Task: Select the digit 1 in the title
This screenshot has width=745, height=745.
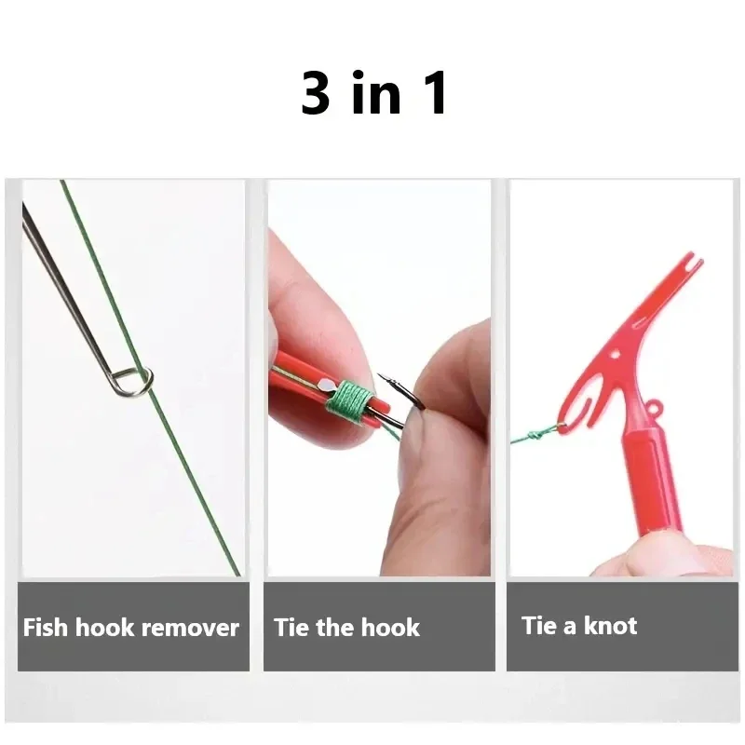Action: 434,94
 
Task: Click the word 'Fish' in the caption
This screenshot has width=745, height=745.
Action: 46,627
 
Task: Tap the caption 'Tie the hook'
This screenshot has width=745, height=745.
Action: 346,627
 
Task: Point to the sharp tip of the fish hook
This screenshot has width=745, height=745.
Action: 380,377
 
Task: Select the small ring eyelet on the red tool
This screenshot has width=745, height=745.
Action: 656,408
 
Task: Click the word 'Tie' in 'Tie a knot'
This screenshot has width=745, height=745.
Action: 539,625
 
